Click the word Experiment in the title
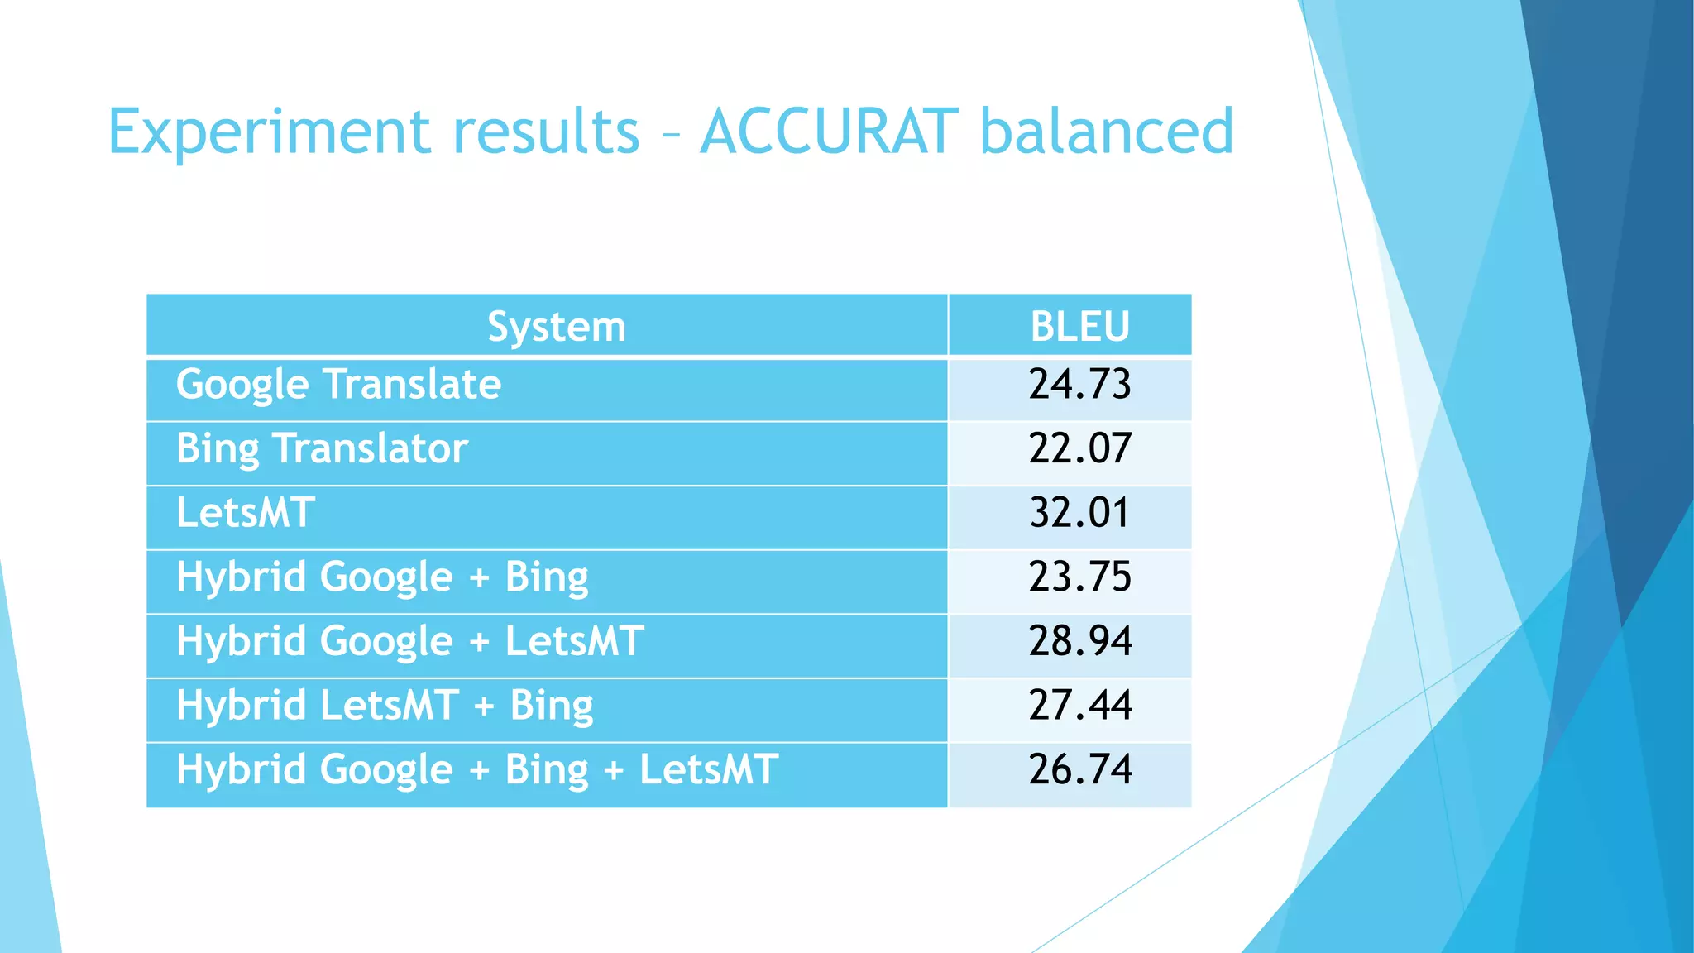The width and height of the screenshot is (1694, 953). [270, 132]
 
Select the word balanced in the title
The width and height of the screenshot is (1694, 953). [1106, 132]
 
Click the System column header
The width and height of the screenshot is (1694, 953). [556, 327]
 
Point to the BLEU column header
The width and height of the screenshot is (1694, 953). [1079, 327]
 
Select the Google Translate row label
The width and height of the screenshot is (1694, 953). [338, 386]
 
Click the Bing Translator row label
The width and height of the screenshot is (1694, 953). [322, 449]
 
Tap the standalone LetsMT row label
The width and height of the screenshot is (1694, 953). [245, 513]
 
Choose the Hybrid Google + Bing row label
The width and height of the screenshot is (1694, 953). [382, 577]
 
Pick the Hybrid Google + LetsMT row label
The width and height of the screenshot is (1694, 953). [409, 642]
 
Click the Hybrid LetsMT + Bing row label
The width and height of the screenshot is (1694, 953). [385, 706]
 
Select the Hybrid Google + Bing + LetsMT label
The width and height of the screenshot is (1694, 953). [477, 770]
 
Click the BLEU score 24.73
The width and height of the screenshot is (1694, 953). [1079, 385]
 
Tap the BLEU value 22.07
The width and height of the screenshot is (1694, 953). [1079, 449]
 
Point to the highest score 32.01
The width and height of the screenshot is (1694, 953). [1079, 513]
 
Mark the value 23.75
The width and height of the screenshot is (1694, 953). [1079, 577]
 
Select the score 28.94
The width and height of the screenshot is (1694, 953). [1079, 642]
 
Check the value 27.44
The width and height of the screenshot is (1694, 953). [1079, 706]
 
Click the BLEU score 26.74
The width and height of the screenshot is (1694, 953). [1079, 770]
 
